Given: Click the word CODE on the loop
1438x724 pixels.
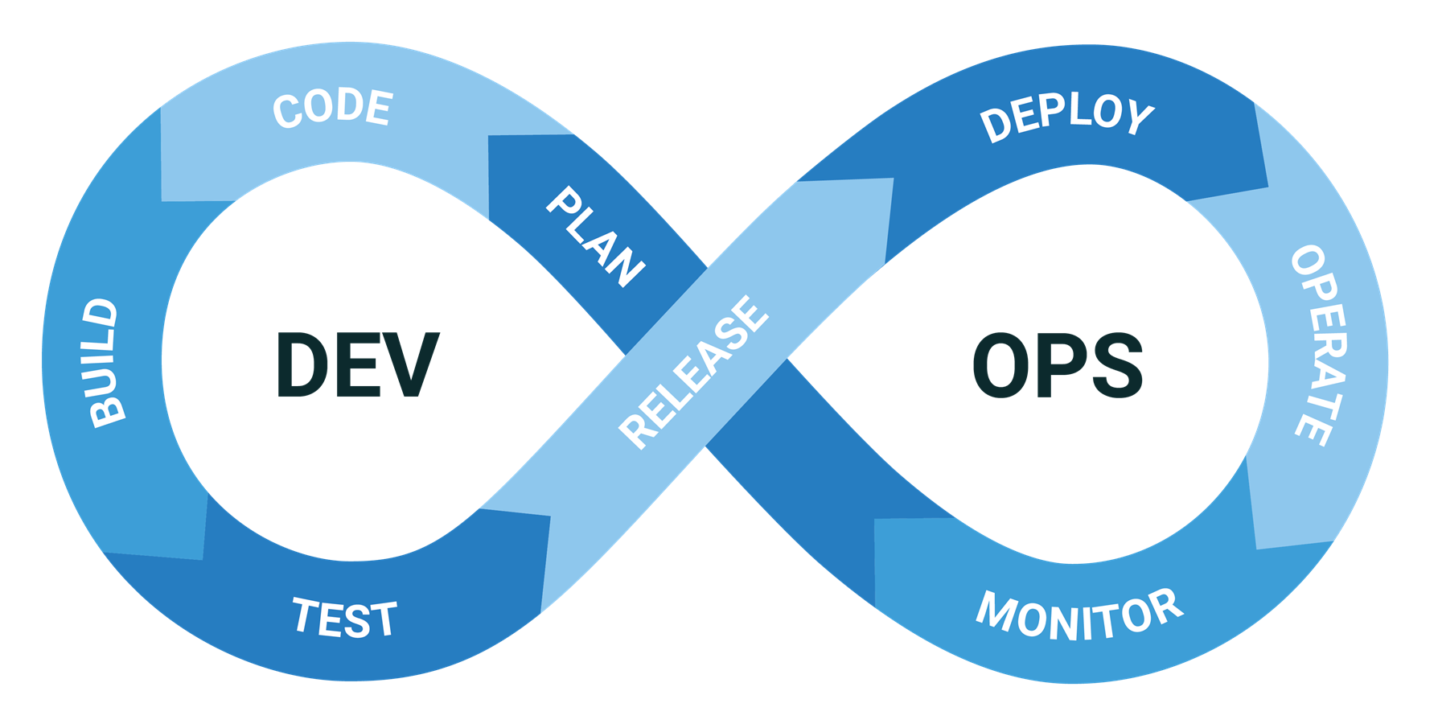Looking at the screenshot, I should click(333, 108).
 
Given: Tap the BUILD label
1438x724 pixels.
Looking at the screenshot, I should click(103, 363).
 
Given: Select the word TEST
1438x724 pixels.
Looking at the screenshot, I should click(344, 619).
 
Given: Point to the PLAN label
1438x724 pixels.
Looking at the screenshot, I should click(596, 237).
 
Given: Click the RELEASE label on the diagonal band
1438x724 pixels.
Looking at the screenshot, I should click(693, 371).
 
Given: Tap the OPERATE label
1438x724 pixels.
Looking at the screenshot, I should click(1318, 344).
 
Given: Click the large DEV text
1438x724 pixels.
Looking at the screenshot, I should click(357, 365).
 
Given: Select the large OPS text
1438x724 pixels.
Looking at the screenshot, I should click(1057, 365).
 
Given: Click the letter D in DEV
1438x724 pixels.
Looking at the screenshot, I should click(303, 365).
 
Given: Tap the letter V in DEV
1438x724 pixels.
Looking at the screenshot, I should click(412, 365).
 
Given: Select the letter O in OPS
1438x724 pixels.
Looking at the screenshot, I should click(1000, 365).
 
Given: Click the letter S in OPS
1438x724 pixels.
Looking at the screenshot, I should click(1115, 365).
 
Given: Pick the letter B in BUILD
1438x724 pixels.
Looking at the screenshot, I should click(108, 411).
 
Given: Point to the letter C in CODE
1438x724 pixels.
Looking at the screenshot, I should click(286, 111).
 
